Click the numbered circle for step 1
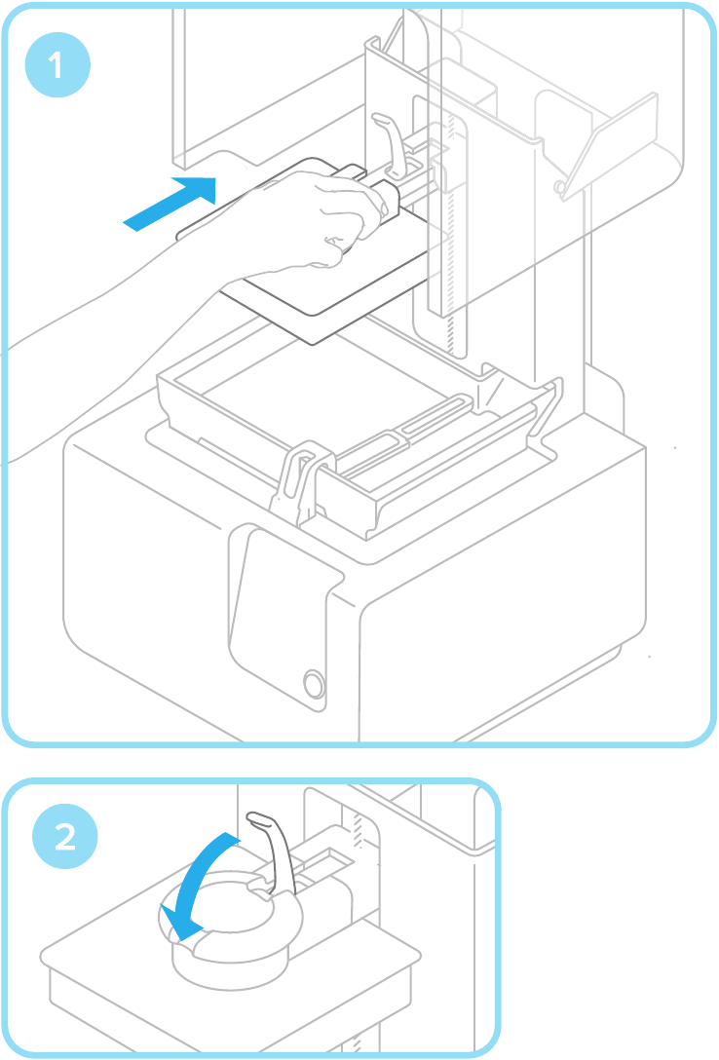pos(56,66)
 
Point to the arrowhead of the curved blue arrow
pos(179,922)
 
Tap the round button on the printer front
pos(314,682)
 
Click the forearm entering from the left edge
pos(97,322)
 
